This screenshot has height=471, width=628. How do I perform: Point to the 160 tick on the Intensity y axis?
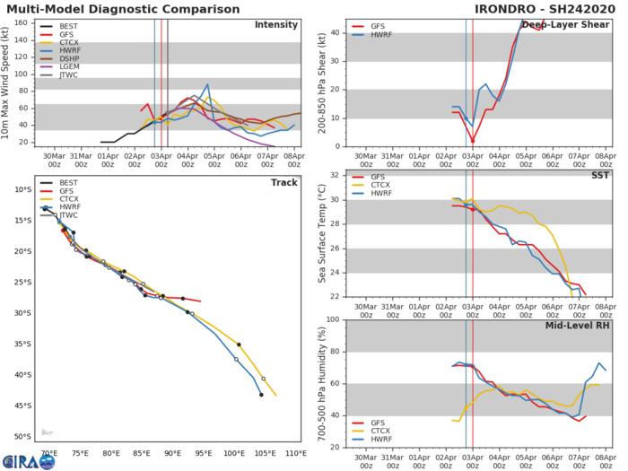click(x=24, y=22)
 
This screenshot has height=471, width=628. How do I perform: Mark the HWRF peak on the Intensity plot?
click(x=207, y=85)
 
